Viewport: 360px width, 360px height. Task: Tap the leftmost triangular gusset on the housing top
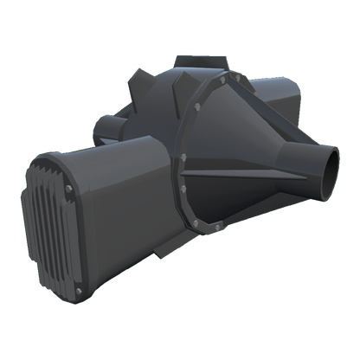pos(138,92)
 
